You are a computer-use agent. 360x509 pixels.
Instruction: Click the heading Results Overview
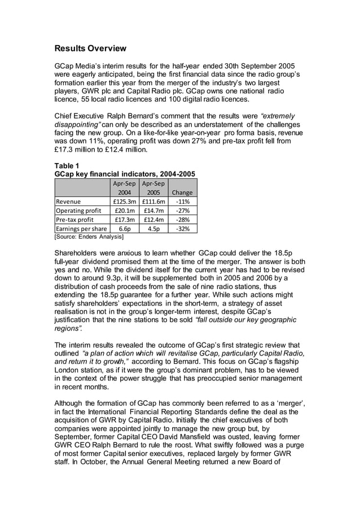click(x=90, y=48)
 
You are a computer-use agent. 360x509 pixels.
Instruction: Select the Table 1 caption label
click(x=65, y=165)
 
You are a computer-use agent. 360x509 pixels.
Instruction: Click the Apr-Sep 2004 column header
click(x=123, y=187)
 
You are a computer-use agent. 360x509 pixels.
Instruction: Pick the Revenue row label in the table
click(x=68, y=201)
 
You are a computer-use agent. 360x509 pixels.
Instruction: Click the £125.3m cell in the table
click(x=123, y=201)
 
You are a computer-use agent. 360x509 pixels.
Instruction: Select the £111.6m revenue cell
click(x=153, y=201)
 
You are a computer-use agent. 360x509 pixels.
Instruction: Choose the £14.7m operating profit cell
click(x=153, y=210)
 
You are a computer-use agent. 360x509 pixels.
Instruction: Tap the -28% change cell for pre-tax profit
click(x=183, y=220)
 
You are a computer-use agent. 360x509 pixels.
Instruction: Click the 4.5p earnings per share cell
click(x=153, y=229)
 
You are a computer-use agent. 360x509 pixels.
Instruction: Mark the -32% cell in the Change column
click(x=183, y=229)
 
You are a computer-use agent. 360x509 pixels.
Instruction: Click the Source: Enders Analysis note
click(x=89, y=237)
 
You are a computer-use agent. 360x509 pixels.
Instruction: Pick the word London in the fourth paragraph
click(x=69, y=378)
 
